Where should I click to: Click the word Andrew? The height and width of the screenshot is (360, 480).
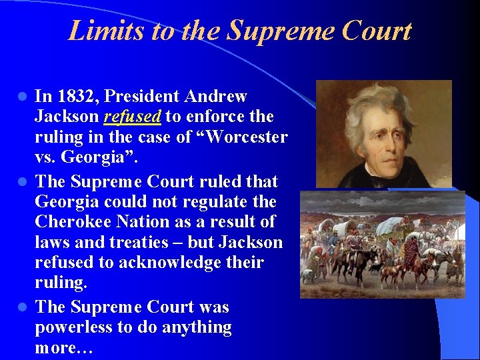pyautogui.click(x=214, y=97)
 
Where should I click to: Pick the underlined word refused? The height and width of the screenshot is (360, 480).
pyautogui.click(x=133, y=117)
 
